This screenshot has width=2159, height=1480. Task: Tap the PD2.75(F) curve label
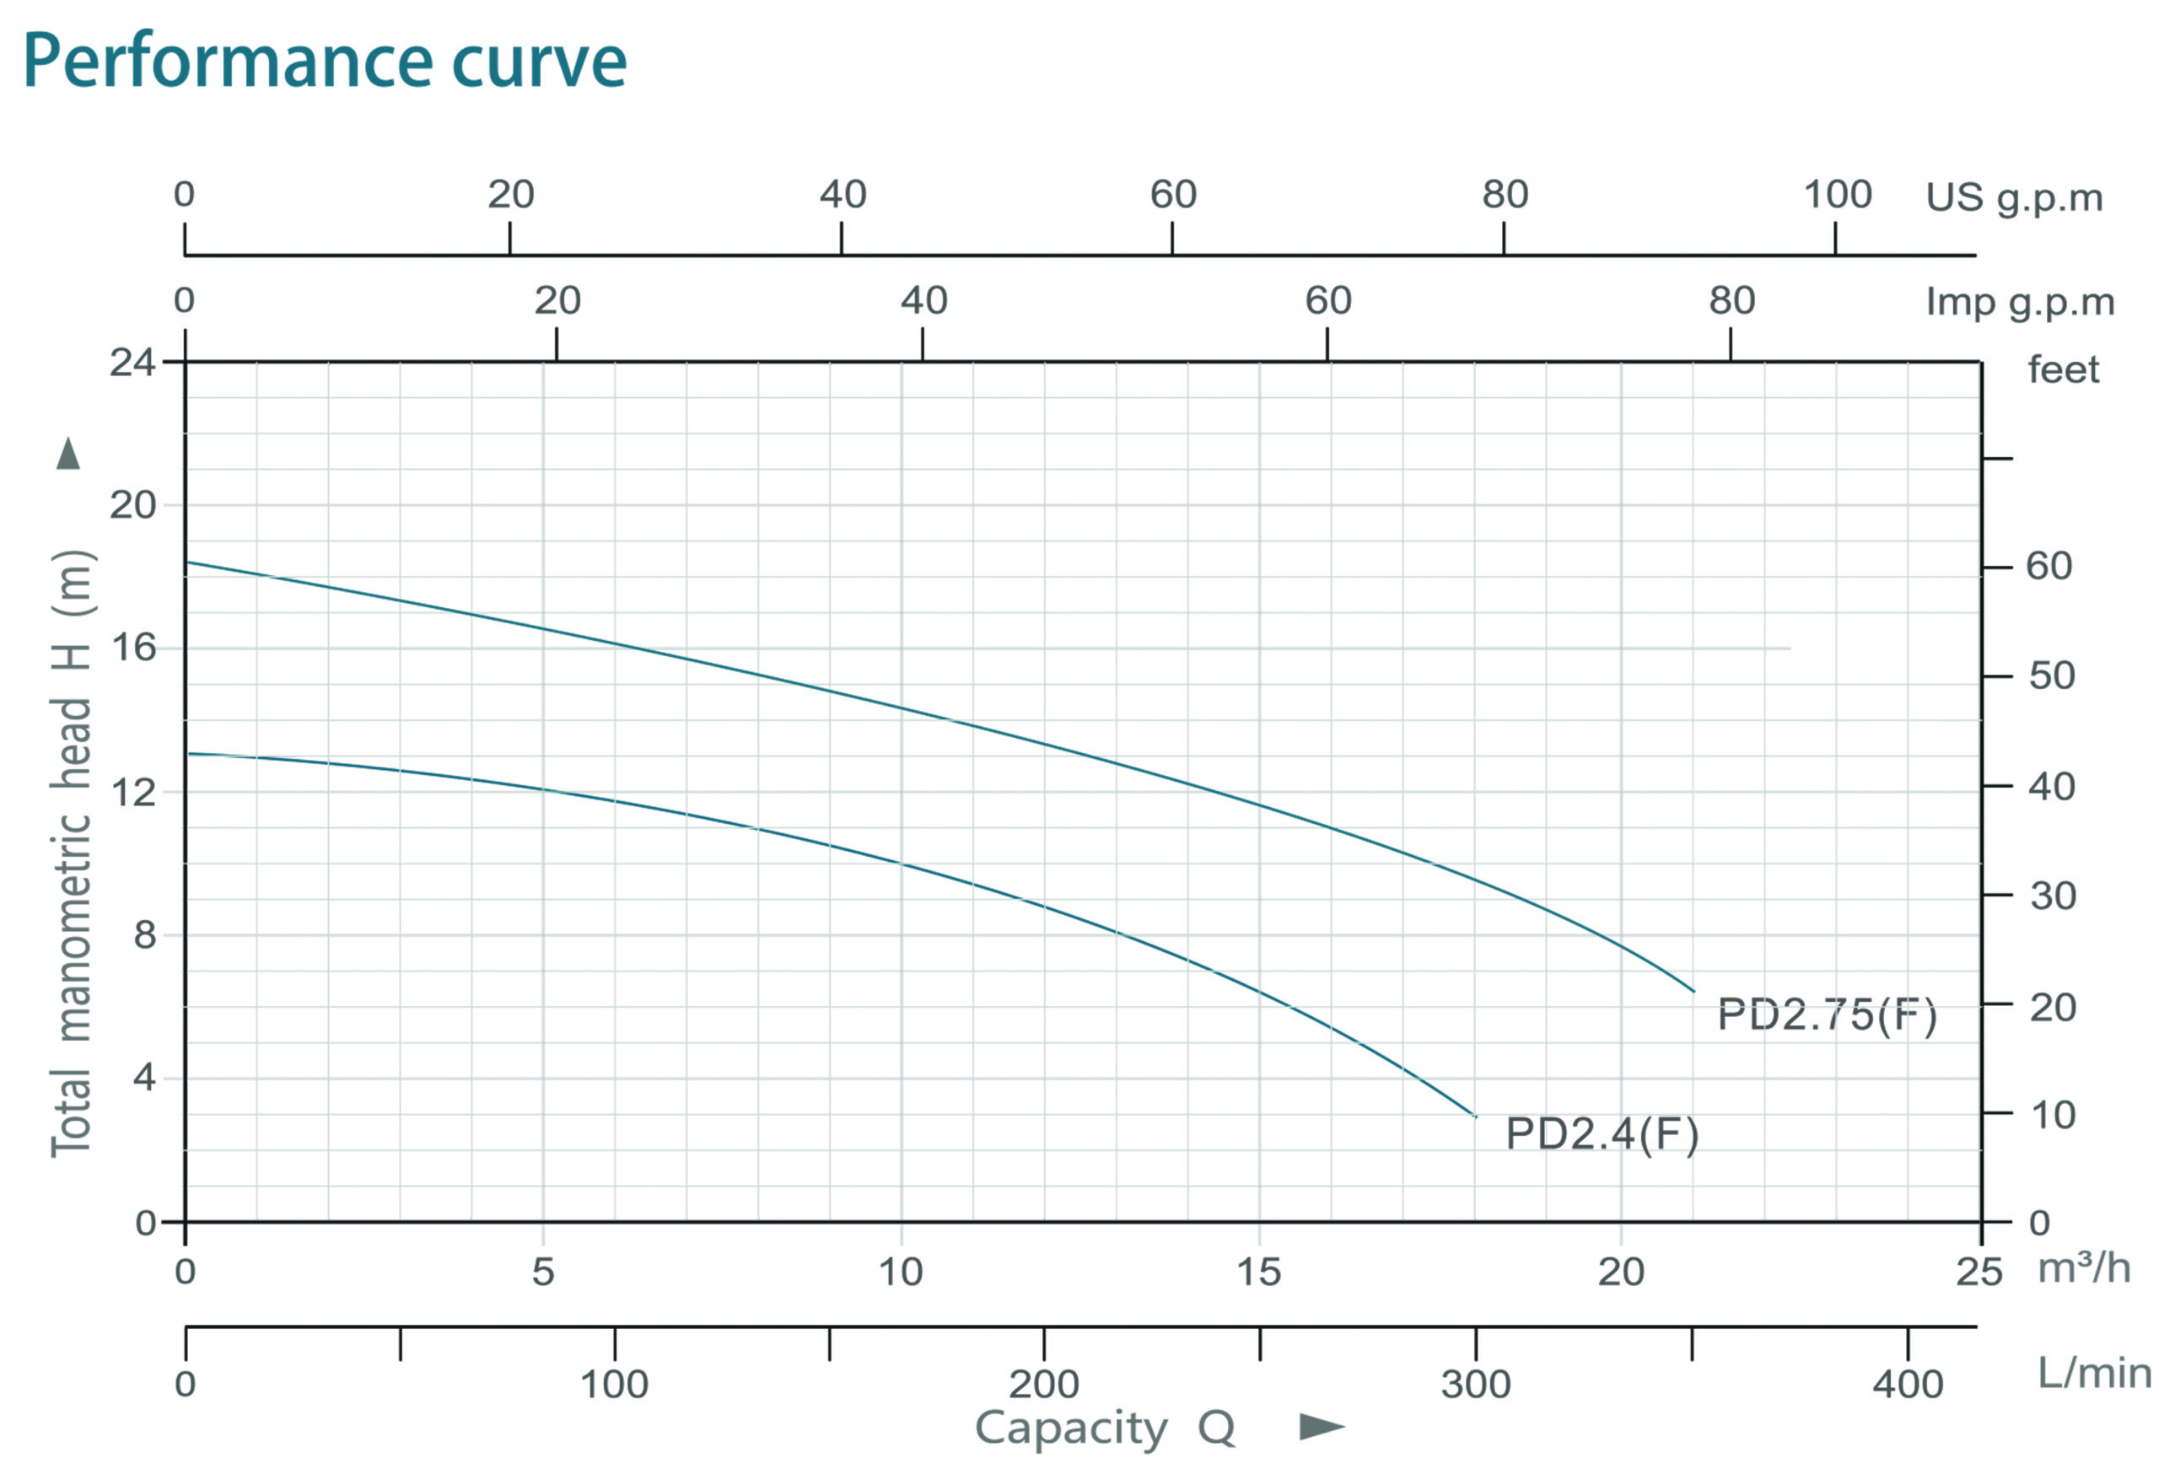[1827, 1014]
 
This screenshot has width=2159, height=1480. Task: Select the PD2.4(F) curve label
[1602, 1133]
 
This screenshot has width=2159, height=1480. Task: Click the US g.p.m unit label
[2014, 198]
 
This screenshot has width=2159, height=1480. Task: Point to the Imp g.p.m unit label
[2020, 302]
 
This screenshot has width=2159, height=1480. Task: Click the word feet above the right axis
[2062, 369]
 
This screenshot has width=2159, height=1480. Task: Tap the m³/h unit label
[2084, 1268]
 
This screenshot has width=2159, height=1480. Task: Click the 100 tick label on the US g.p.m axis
[1837, 194]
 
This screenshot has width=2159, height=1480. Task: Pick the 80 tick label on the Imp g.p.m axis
[1731, 300]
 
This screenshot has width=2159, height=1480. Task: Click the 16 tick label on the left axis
[133, 648]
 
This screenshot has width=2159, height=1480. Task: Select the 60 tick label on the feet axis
[2049, 566]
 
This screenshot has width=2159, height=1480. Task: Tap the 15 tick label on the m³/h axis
[1259, 1272]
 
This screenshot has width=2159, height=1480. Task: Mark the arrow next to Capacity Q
[1321, 1426]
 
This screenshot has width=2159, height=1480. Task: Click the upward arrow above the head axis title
[67, 454]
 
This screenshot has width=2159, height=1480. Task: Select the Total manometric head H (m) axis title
[73, 853]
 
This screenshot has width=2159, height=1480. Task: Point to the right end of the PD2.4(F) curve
[1474, 1115]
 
